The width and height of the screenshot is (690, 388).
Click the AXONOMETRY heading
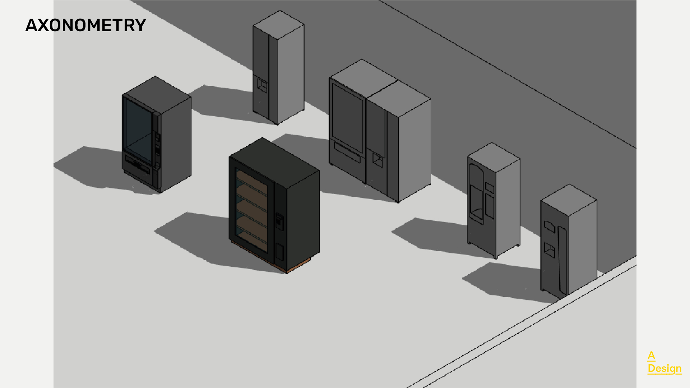pyautogui.click(x=85, y=25)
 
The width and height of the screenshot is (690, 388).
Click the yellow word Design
pyautogui.click(x=664, y=368)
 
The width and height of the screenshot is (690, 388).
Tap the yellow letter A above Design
pyautogui.click(x=651, y=355)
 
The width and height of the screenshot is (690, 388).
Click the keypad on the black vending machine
pyautogui.click(x=279, y=221)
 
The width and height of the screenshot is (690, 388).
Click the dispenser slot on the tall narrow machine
pyautogui.click(x=262, y=85)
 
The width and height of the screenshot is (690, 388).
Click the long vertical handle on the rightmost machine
pyautogui.click(x=562, y=260)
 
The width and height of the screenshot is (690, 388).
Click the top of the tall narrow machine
pyautogui.click(x=279, y=24)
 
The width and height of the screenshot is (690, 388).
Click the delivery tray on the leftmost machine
pyautogui.click(x=137, y=165)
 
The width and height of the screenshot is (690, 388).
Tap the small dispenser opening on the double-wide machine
pyautogui.click(x=377, y=160)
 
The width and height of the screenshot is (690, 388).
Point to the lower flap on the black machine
pyautogui.click(x=279, y=252)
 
